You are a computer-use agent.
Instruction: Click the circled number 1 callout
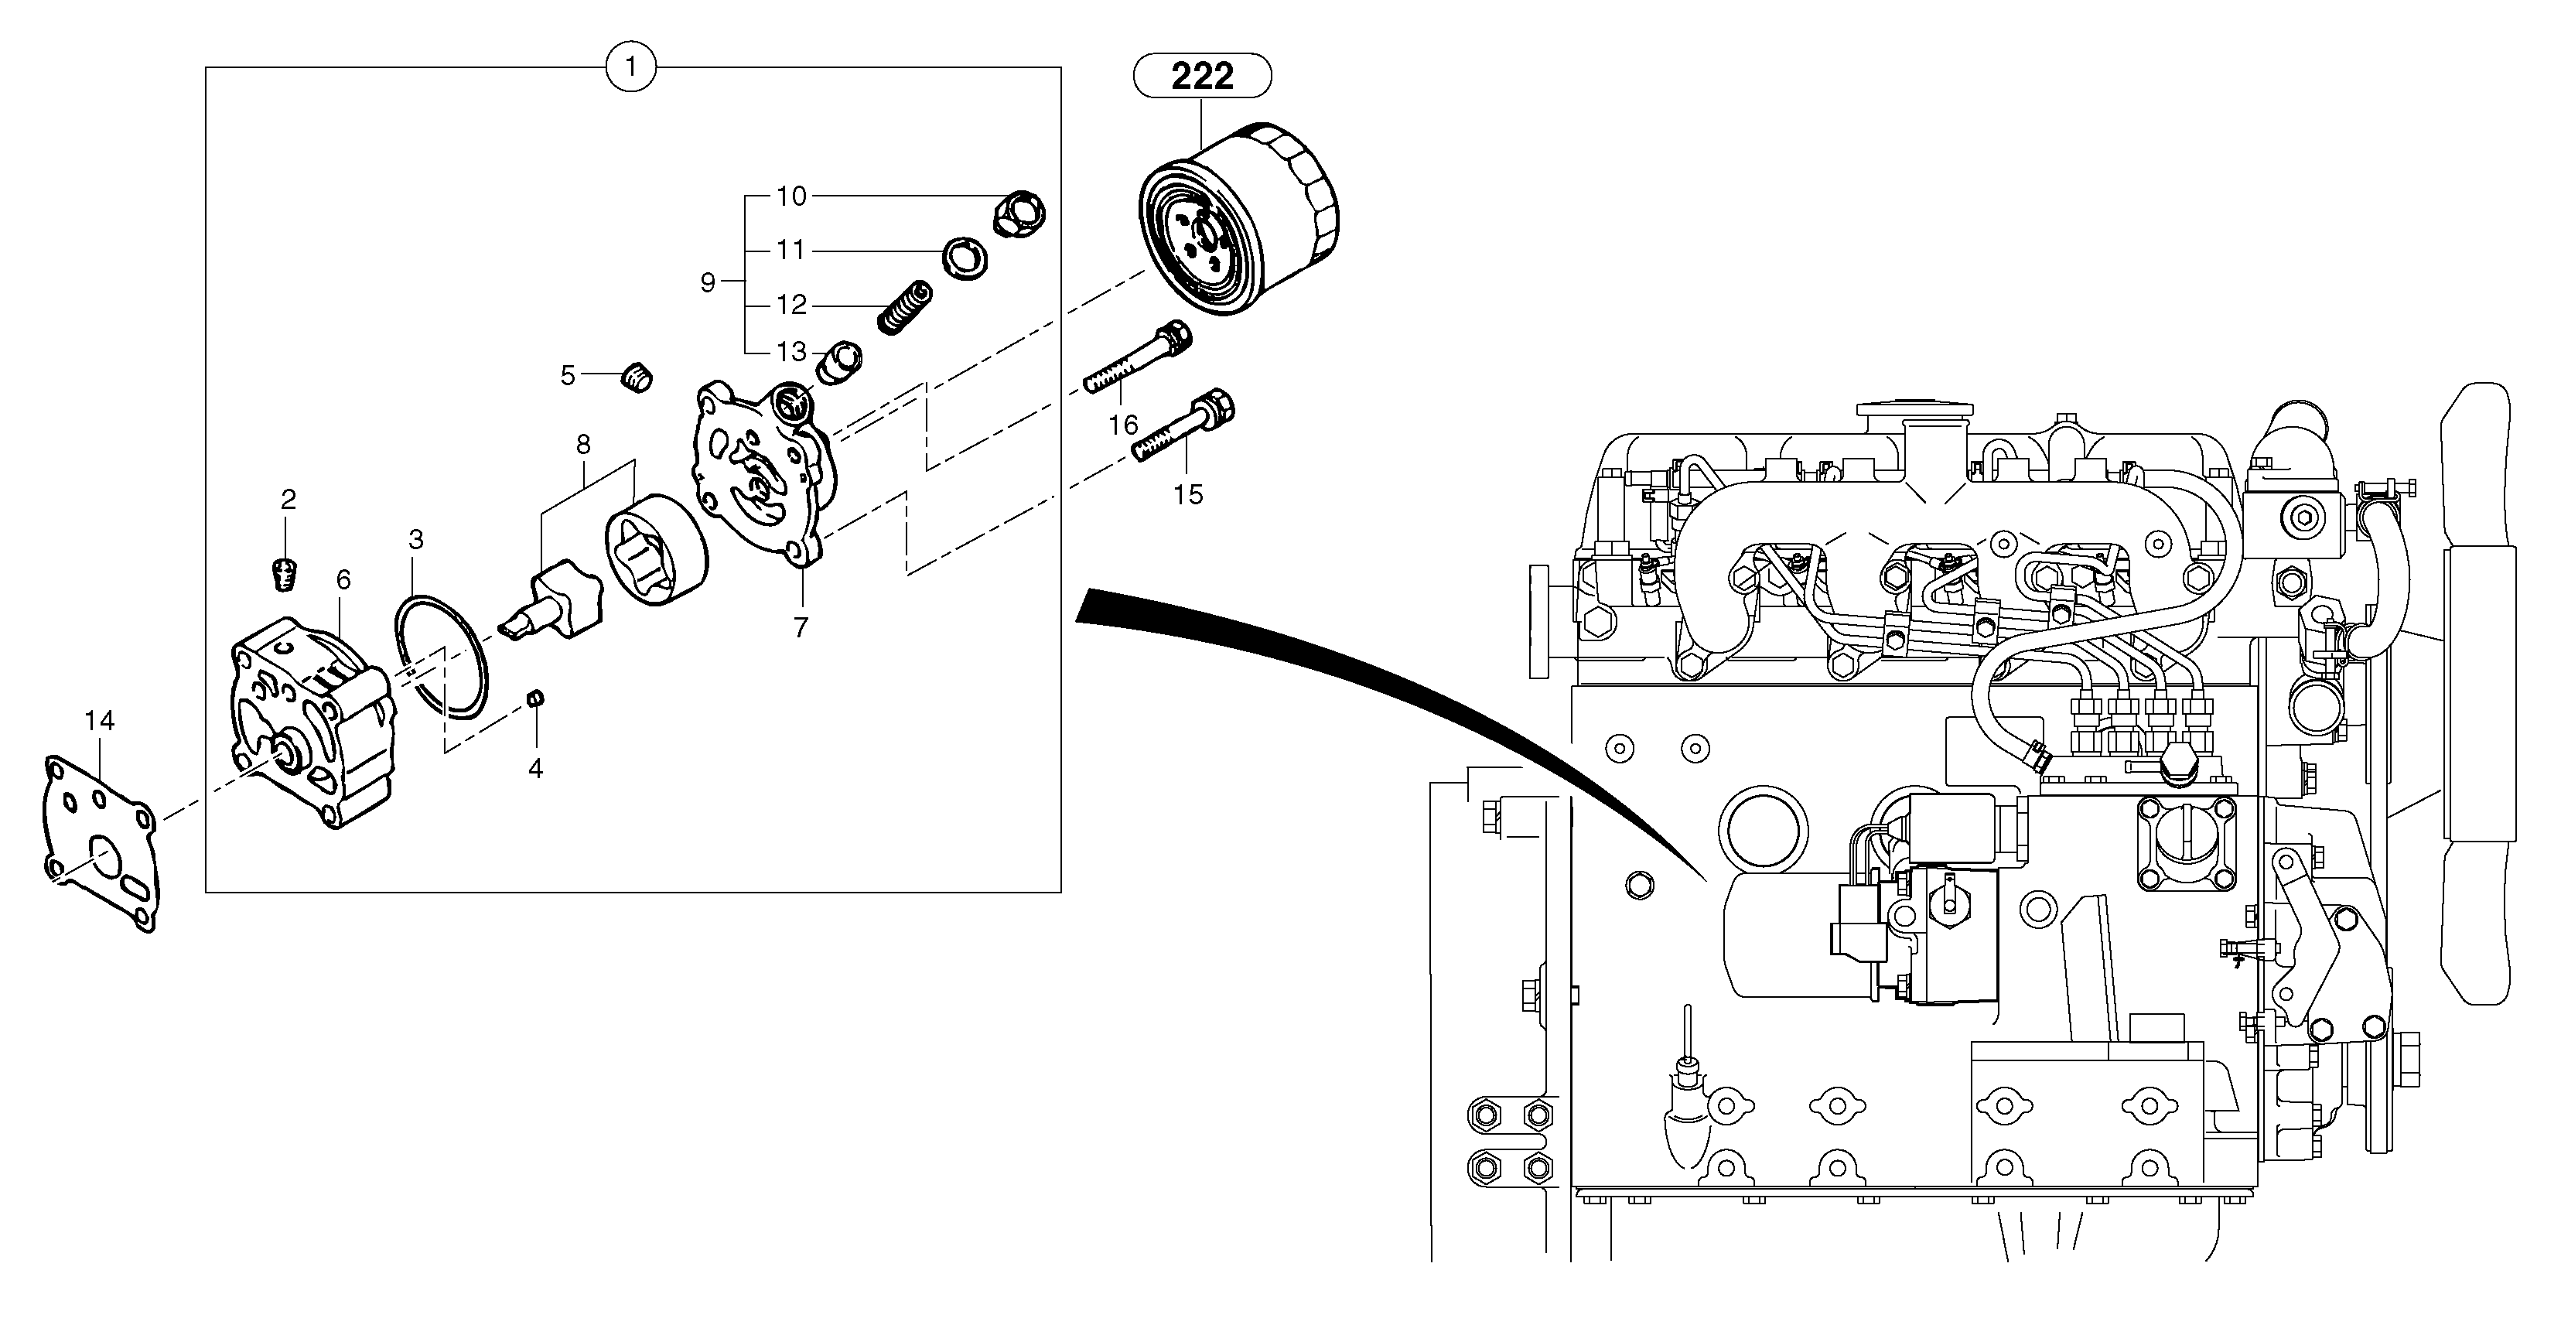point(630,69)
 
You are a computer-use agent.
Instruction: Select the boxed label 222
point(1202,76)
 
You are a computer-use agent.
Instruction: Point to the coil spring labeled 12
point(906,306)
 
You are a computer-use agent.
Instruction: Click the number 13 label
point(791,352)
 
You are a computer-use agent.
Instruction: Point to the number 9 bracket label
point(707,283)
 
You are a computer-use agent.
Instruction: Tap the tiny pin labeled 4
point(535,698)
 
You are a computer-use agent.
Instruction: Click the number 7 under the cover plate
point(801,627)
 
